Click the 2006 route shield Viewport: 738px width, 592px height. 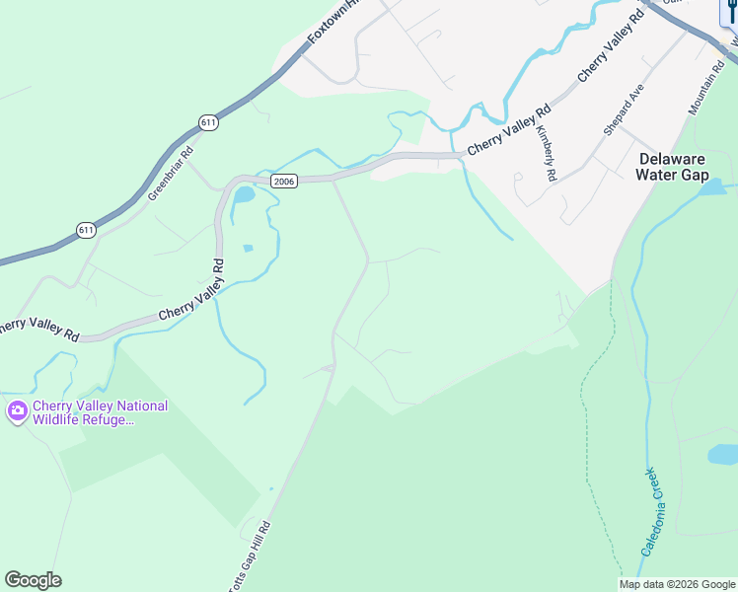click(x=284, y=181)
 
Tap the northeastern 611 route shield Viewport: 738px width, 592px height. click(x=207, y=122)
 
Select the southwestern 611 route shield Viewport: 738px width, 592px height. click(x=87, y=230)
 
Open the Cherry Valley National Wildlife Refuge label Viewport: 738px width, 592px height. click(x=100, y=412)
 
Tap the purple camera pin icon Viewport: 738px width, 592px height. click(x=17, y=411)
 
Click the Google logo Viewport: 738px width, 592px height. click(x=33, y=580)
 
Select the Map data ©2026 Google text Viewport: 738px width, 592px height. click(x=678, y=584)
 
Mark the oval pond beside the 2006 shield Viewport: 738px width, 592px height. click(x=243, y=194)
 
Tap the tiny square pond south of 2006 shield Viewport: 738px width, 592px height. click(x=247, y=248)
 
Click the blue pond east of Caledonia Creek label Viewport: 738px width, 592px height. click(x=723, y=454)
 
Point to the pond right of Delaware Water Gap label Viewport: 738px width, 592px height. click(x=714, y=186)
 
